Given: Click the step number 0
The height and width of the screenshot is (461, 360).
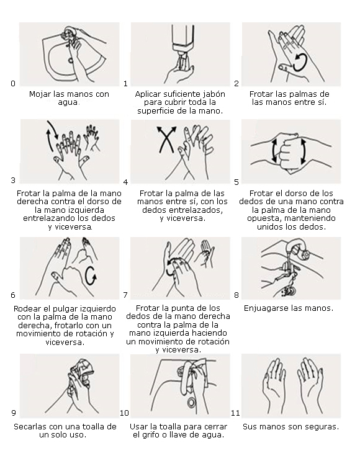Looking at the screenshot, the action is click(13, 84).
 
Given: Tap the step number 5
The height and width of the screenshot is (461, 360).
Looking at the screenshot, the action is click(236, 182).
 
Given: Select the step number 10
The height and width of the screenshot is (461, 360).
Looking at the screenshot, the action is click(124, 413).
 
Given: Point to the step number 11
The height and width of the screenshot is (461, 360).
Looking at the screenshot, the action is click(235, 413).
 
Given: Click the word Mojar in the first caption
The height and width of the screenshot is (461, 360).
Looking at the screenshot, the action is click(40, 94).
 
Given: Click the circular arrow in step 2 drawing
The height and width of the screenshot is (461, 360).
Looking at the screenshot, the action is click(300, 62).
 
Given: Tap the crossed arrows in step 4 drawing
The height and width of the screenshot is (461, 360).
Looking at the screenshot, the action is click(166, 139).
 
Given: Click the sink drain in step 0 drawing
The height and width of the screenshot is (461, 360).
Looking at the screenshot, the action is click(71, 61).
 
